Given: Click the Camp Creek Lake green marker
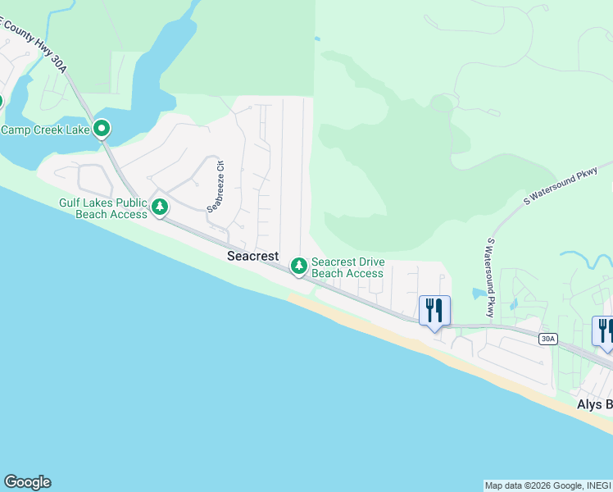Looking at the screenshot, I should tap(102, 129).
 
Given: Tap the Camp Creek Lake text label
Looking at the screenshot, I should tap(44, 130).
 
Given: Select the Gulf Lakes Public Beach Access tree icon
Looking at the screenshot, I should tap(161, 207).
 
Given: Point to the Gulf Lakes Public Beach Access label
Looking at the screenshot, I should tap(102, 208).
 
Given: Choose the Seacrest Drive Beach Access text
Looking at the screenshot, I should tap(347, 267).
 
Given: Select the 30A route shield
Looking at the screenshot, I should tap(548, 338).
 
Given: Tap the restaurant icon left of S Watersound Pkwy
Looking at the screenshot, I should tap(434, 310).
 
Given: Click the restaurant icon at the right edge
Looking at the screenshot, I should tap(603, 330).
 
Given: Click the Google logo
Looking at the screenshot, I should tap(27, 482).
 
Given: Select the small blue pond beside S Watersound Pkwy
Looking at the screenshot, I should tap(479, 293).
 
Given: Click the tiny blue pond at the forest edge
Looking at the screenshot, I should tap(316, 38).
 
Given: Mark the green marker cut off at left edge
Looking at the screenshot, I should tap(1, 102).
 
